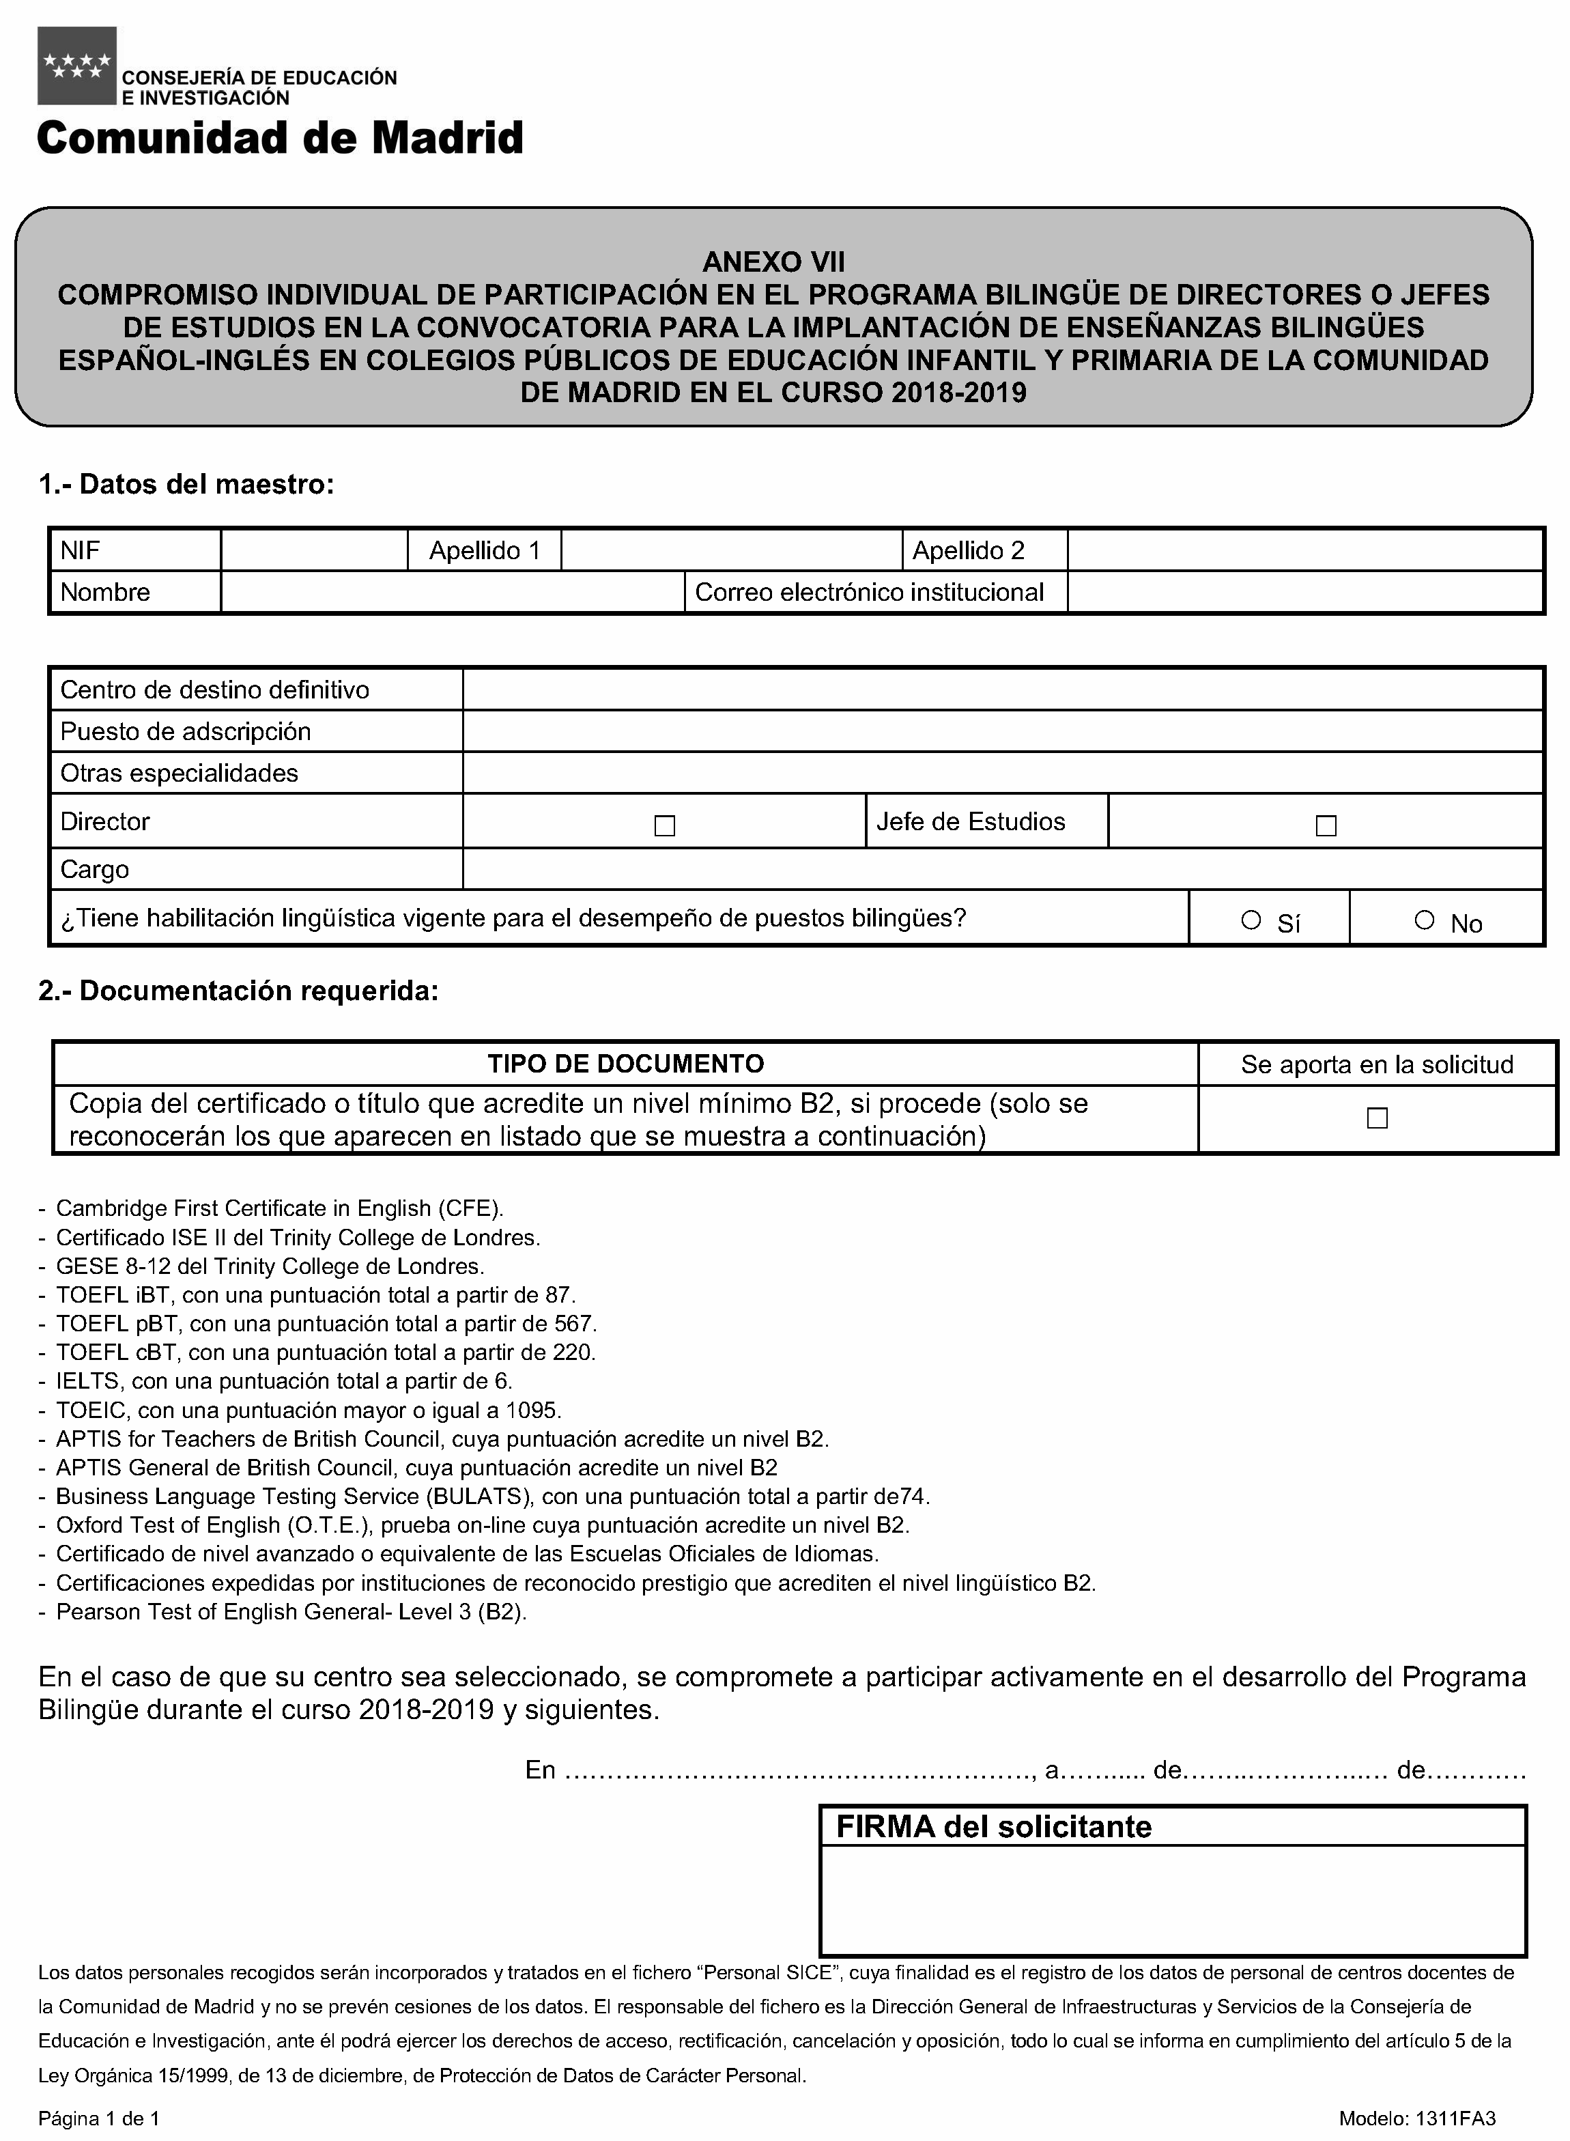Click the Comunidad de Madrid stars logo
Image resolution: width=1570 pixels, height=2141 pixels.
pyautogui.click(x=76, y=66)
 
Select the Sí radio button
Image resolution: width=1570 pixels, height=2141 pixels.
pyautogui.click(x=1251, y=920)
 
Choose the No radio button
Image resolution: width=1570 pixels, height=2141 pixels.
pyautogui.click(x=1424, y=920)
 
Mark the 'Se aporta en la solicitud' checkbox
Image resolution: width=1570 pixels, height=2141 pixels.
pyautogui.click(x=1376, y=1118)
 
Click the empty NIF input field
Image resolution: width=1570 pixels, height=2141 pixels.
pyautogui.click(x=313, y=550)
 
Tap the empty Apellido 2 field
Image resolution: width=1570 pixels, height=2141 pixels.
pyautogui.click(x=1304, y=550)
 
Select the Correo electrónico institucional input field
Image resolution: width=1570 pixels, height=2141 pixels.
pyautogui.click(x=1304, y=592)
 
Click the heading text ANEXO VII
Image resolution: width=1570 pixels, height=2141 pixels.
pyautogui.click(x=773, y=261)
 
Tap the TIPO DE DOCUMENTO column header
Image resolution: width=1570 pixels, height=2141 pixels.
pyautogui.click(x=625, y=1064)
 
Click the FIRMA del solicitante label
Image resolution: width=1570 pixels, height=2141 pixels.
pyautogui.click(x=993, y=1826)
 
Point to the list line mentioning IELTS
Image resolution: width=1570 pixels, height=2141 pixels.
pyautogui.click(x=283, y=1380)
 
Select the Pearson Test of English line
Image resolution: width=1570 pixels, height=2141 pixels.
pyautogui.click(x=290, y=1612)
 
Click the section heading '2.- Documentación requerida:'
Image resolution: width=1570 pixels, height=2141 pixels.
pyautogui.click(x=238, y=991)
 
